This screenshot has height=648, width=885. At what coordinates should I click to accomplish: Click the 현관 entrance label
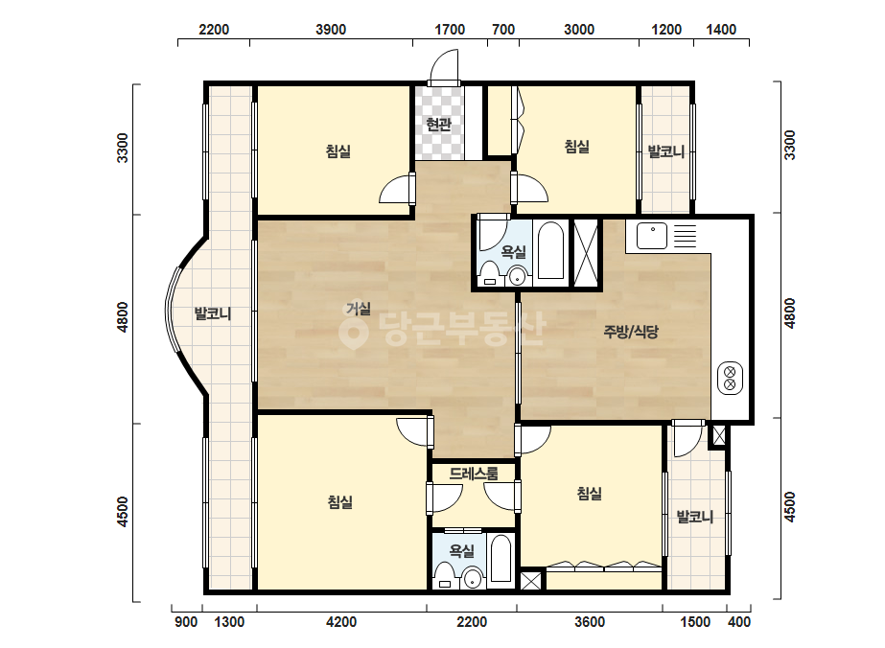[x=438, y=124]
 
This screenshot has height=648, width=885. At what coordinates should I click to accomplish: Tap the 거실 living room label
[x=359, y=309]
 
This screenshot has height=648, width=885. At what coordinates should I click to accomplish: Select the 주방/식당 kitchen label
[x=631, y=332]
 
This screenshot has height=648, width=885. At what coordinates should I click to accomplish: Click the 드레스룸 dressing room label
[x=474, y=473]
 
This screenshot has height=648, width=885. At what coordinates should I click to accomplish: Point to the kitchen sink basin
[x=652, y=236]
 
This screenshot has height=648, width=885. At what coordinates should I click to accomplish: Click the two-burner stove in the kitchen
[x=730, y=378]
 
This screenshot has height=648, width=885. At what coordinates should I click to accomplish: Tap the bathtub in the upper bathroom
[x=550, y=250]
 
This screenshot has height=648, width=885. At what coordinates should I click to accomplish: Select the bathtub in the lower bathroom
[x=501, y=559]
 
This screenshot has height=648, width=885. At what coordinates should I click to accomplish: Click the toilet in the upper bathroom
[x=489, y=274]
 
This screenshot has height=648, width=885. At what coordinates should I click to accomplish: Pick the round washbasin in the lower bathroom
[x=472, y=578]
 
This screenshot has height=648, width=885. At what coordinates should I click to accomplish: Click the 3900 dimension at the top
[x=331, y=30]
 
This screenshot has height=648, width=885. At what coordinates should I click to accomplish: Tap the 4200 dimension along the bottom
[x=341, y=622]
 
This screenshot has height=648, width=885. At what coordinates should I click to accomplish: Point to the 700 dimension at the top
[x=502, y=30]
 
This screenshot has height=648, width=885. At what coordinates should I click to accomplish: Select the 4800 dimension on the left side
[x=123, y=317]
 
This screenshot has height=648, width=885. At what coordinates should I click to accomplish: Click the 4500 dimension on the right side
[x=790, y=507]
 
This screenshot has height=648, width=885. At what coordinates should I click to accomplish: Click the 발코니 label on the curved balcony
[x=212, y=312]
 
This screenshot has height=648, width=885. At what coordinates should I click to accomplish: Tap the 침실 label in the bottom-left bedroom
[x=339, y=501]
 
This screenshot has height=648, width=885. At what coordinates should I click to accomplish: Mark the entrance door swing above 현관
[x=444, y=66]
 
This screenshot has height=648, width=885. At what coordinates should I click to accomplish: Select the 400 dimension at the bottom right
[x=739, y=622]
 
